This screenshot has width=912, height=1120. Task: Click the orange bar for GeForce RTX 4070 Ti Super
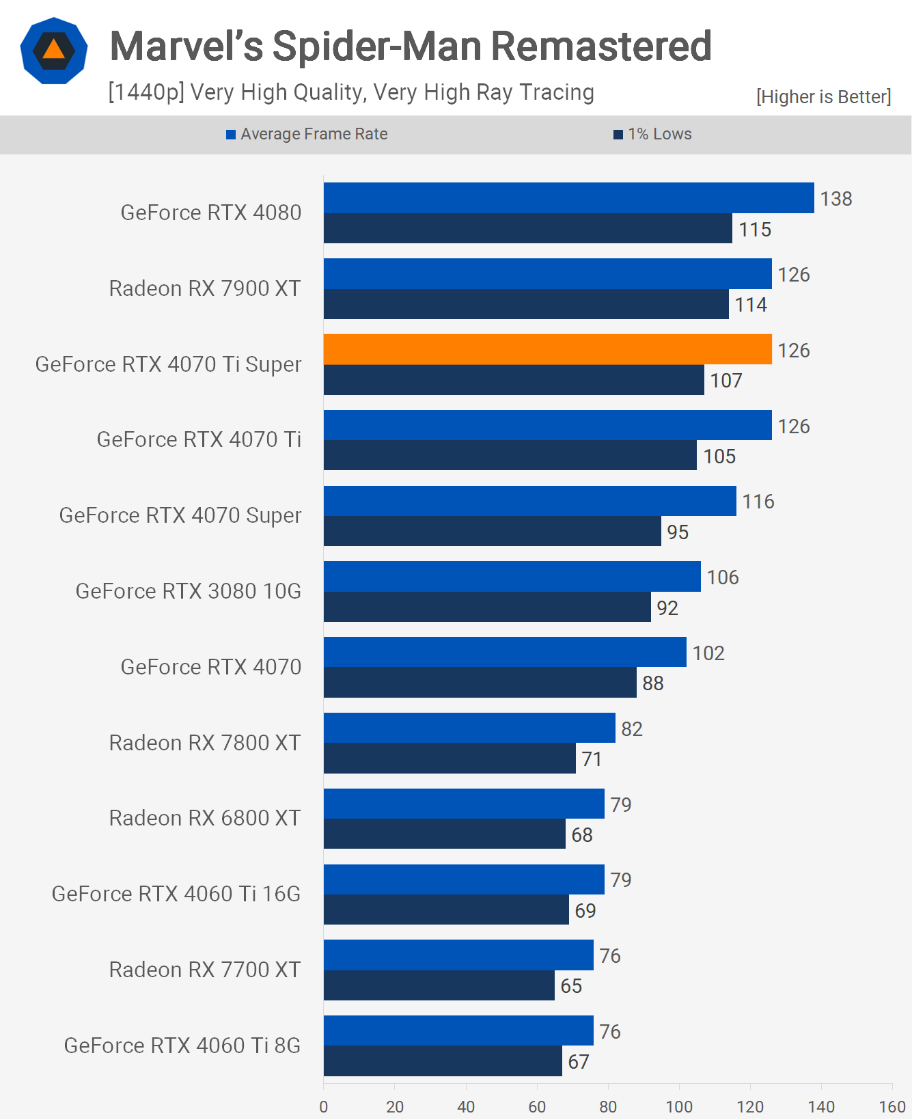[547, 349]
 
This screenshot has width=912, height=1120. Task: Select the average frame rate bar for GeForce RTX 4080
[568, 197]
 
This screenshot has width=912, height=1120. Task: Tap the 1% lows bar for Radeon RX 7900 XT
[526, 304]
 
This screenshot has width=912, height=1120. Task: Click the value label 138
[835, 199]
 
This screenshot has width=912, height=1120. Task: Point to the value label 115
[754, 230]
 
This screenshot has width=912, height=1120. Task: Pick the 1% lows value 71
[591, 759]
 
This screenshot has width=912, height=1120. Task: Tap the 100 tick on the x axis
[678, 1106]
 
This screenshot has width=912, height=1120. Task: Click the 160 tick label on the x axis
[892, 1106]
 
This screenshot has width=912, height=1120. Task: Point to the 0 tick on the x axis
[324, 1106]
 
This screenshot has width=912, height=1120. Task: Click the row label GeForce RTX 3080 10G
[188, 591]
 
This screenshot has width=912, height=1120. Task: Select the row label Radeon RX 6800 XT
[204, 818]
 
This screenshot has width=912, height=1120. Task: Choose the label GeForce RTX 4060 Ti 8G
[182, 1046]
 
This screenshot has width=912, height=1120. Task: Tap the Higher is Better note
[823, 97]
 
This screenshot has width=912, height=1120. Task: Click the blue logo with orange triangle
[54, 51]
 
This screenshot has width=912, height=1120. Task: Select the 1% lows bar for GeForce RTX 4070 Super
[492, 531]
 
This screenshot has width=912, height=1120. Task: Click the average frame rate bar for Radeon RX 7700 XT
[458, 955]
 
